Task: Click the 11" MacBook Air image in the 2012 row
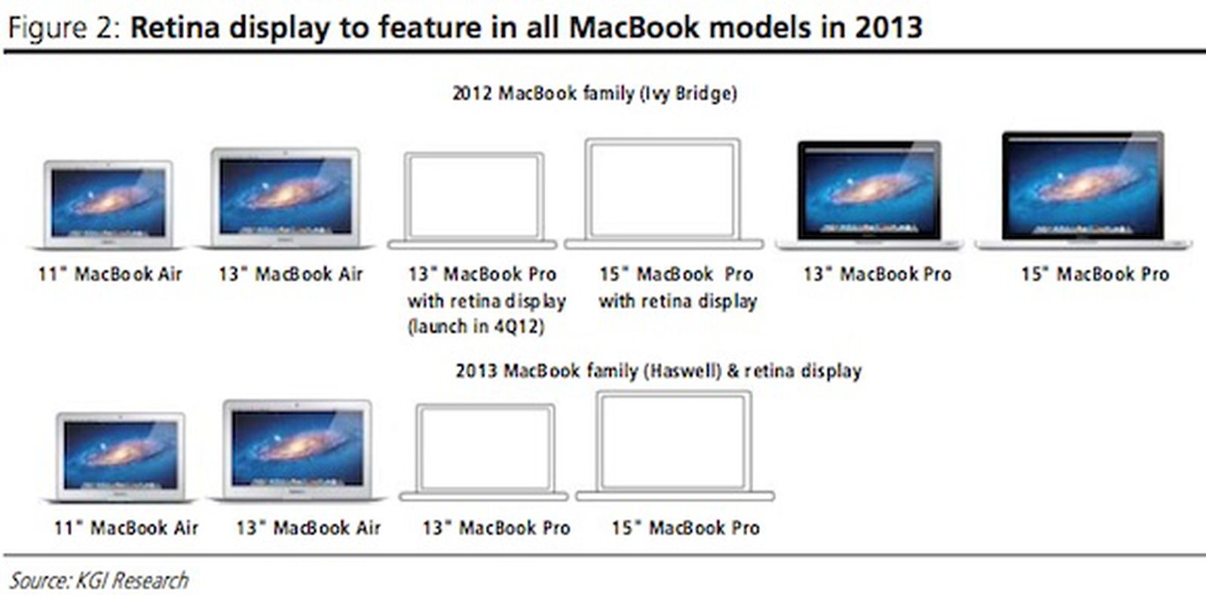click(108, 205)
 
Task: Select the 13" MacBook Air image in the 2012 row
click(286, 198)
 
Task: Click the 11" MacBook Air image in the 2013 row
click(121, 458)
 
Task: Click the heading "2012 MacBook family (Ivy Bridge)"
click(595, 94)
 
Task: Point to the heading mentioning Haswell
click(659, 371)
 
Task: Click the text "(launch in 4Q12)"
click(476, 327)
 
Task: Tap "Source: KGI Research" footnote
click(99, 581)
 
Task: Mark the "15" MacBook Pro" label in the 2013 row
click(685, 528)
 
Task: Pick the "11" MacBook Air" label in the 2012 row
click(110, 274)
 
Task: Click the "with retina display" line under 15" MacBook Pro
click(678, 301)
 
